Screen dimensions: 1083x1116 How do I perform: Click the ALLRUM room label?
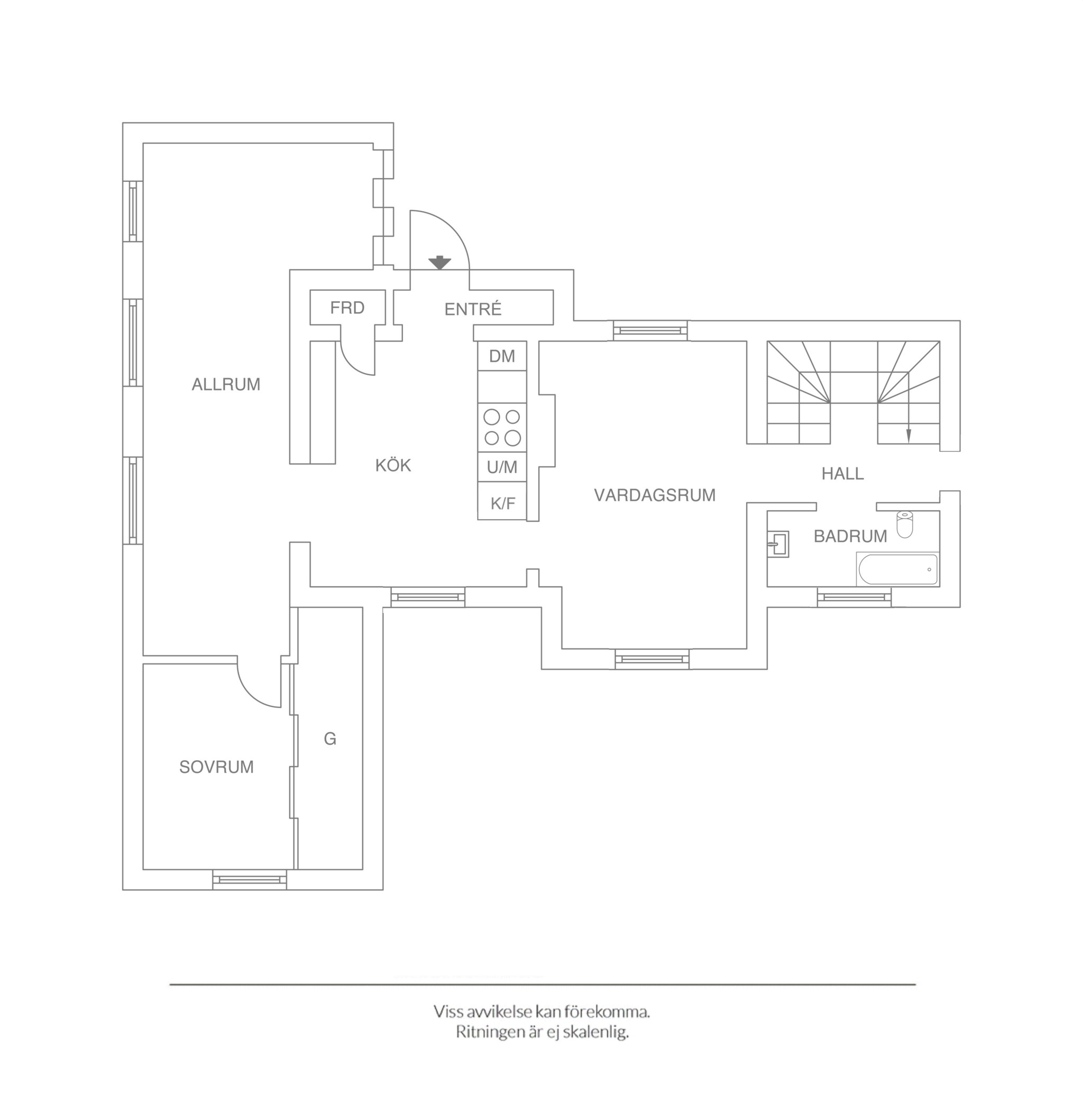click(x=226, y=385)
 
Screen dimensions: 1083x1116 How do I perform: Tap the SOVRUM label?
click(x=216, y=768)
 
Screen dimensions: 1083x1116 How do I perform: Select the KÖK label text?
click(x=393, y=465)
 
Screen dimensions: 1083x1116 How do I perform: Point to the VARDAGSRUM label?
click(x=655, y=495)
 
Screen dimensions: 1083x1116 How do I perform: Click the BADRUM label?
click(x=850, y=537)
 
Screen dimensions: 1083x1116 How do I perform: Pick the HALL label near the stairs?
click(x=843, y=474)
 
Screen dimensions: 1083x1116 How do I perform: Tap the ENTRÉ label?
click(x=473, y=309)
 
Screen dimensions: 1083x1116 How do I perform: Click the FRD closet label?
click(x=347, y=308)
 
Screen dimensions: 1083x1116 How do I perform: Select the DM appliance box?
click(x=502, y=356)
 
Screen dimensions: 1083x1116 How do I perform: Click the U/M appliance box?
click(x=502, y=467)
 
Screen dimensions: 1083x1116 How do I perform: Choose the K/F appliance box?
click(x=502, y=501)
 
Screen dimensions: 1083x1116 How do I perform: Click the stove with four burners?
click(x=502, y=428)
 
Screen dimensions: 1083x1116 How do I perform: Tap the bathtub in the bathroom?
click(x=897, y=569)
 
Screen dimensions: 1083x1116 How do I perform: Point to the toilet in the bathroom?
click(x=905, y=524)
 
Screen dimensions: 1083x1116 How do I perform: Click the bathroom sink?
click(x=778, y=545)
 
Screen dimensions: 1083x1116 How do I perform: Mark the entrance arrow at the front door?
click(x=439, y=263)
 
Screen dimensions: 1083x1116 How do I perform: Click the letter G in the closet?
click(x=331, y=739)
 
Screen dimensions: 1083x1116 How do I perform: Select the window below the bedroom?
click(x=250, y=879)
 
